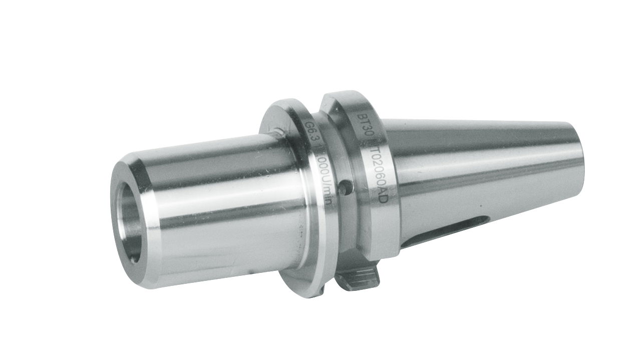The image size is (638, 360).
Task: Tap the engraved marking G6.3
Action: (x=310, y=134)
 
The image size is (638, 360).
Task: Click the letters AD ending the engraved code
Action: (x=382, y=196)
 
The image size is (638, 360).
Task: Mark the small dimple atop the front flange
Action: (x=276, y=132)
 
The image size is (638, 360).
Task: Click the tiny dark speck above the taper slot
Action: (x=479, y=206)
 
